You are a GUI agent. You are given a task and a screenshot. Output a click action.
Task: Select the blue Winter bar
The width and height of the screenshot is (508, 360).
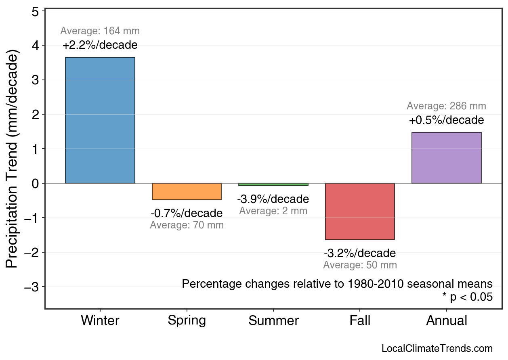click(100, 120)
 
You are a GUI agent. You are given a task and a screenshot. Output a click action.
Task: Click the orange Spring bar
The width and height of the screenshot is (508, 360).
click(187, 192)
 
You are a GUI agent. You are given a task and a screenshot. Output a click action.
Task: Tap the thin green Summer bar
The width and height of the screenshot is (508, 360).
click(273, 184)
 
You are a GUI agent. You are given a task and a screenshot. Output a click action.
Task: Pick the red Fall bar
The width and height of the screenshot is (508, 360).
click(360, 211)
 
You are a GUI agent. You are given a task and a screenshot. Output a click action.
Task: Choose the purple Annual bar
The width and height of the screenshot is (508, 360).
click(446, 158)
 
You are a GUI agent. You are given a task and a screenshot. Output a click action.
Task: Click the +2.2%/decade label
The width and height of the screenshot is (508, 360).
click(100, 45)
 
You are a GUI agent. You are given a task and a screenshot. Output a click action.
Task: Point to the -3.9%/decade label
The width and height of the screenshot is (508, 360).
click(273, 199)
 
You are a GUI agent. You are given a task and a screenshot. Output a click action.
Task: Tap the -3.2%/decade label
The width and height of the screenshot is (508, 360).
click(360, 253)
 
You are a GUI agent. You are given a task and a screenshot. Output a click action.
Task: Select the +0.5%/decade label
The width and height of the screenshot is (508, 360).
click(446, 120)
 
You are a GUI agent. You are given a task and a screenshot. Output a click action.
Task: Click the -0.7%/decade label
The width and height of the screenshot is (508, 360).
click(187, 213)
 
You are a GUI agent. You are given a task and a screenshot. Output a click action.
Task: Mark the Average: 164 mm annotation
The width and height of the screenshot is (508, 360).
click(100, 31)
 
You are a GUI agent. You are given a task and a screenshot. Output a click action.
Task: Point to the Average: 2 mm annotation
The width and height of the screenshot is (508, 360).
click(273, 211)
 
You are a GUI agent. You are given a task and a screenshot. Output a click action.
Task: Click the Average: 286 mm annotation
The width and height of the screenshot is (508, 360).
click(446, 106)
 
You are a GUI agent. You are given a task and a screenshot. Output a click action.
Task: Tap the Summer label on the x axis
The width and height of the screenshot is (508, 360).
click(273, 321)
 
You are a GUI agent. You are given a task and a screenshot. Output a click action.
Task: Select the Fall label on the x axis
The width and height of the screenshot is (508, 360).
click(360, 321)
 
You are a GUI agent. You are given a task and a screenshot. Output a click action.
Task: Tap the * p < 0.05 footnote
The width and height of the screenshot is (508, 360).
click(467, 297)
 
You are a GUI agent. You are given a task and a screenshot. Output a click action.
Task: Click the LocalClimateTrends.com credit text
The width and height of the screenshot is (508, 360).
click(437, 349)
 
